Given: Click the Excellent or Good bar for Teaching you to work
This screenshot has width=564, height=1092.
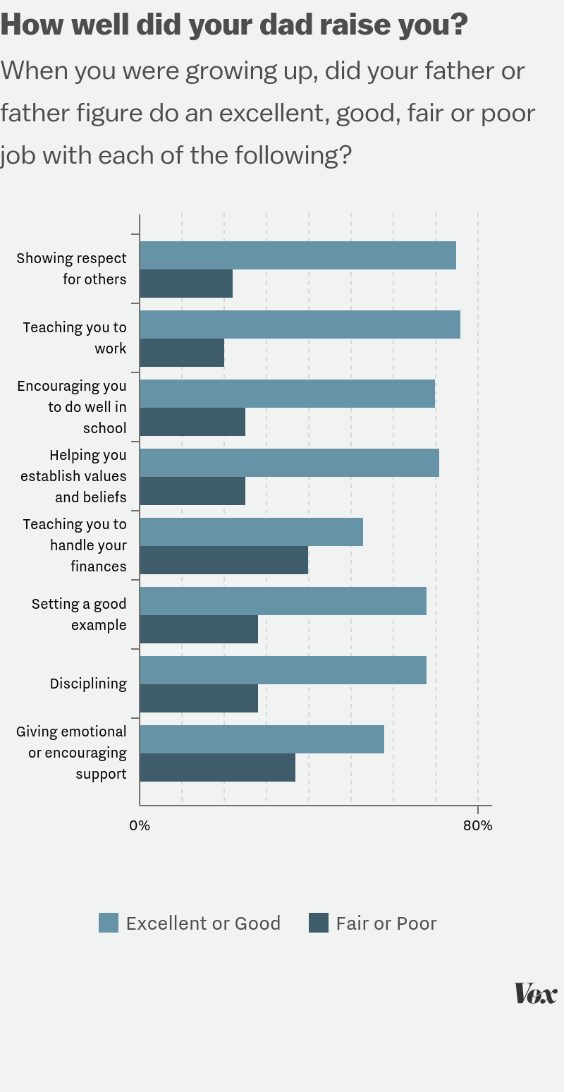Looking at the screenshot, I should point(300,324).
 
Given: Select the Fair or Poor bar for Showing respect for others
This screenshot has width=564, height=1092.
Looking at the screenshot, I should point(186,283).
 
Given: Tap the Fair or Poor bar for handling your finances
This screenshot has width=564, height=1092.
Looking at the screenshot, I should point(223,559).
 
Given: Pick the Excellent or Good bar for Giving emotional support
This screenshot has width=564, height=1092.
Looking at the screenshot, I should point(262,739).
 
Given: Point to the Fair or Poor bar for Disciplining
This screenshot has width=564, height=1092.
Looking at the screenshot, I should point(199,698).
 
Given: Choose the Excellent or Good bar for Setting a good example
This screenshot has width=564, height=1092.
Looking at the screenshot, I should point(283,601).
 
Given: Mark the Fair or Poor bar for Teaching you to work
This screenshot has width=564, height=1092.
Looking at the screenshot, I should point(182,352).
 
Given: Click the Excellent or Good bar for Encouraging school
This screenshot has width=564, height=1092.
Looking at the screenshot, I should point(287,394).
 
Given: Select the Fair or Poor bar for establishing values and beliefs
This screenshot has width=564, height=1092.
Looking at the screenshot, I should point(192,490).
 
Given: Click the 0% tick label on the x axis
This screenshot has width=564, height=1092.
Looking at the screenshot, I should point(140,825).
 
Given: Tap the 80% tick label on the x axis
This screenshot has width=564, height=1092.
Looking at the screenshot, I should point(478,825).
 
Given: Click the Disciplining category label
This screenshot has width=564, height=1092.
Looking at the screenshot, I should point(88,684).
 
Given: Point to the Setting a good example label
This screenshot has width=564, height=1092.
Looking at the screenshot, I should point(79,614).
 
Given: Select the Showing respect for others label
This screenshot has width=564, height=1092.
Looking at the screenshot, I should point(72,269).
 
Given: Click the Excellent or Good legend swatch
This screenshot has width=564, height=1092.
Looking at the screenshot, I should point(109,923).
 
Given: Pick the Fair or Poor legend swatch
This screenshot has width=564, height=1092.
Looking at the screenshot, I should point(319,923).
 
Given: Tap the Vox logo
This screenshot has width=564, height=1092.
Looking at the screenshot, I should point(535,993).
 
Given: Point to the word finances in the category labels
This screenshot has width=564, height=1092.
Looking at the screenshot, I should point(98,566).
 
